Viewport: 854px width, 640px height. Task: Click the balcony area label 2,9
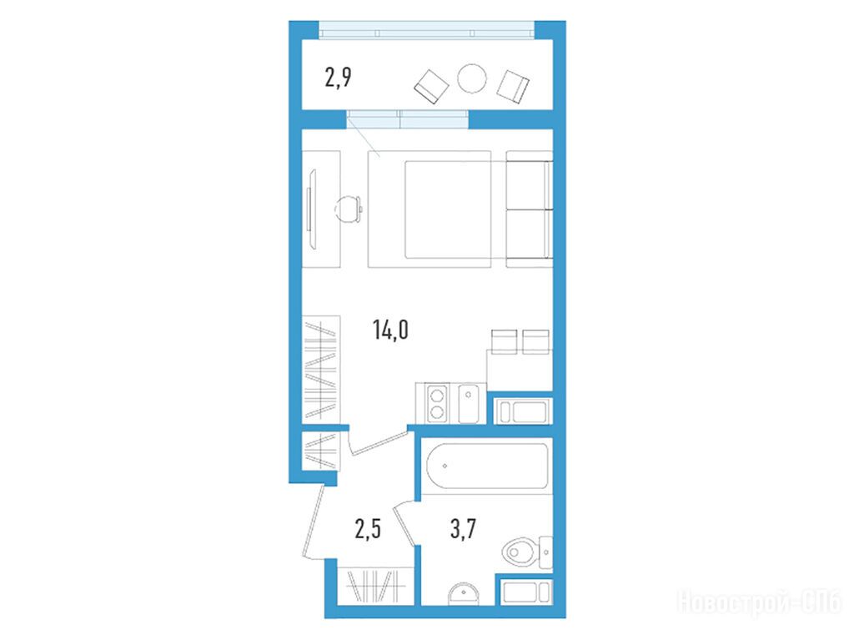point(339,78)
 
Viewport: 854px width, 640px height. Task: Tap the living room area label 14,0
point(390,330)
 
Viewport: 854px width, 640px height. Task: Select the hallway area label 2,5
point(368,529)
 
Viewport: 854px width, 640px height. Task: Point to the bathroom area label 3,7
point(463,529)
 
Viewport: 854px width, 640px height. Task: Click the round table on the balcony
point(472,78)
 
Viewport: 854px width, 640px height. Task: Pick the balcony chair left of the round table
point(431,87)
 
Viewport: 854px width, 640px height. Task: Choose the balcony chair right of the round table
point(513,86)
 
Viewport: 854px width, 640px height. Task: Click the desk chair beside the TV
point(349,209)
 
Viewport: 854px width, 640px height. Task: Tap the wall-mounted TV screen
point(311,209)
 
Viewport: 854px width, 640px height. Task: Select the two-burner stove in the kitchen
point(437,403)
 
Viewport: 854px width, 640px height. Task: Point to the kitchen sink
point(469,403)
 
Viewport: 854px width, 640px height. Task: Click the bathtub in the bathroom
point(487,466)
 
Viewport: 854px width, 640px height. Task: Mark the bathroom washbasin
point(464,593)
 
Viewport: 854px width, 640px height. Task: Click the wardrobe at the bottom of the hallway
point(375,586)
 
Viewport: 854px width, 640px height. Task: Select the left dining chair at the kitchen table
point(503,342)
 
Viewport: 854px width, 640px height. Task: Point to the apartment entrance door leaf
point(314,522)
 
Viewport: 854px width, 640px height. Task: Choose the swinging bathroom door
point(406,524)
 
